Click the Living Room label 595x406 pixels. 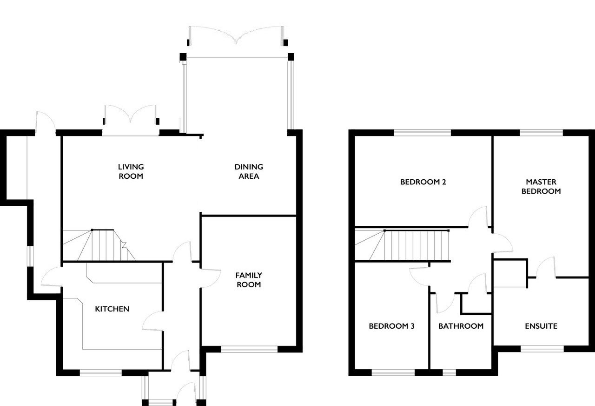tap(131, 172)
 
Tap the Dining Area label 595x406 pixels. tap(249, 172)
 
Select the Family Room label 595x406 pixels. tap(249, 280)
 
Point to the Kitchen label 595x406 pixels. tap(112, 309)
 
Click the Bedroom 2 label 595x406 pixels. tap(423, 182)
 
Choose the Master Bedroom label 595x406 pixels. tap(541, 187)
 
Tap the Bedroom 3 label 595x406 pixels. tap(392, 326)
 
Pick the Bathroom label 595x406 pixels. tap(461, 326)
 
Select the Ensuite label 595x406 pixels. tap(541, 326)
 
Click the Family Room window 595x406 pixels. tap(250, 349)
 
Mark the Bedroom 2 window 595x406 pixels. tap(423, 133)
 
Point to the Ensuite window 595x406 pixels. tap(542, 349)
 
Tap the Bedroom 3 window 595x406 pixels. tap(393, 372)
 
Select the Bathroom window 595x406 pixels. tap(449, 372)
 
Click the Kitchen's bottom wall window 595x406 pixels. tap(101, 372)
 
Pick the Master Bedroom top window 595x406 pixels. tap(542, 133)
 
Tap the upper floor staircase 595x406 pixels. tap(403, 245)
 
